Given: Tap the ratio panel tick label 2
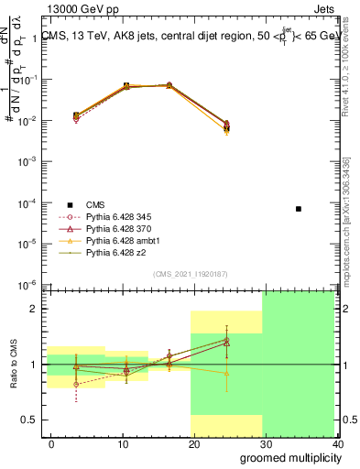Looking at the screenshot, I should click(33, 309).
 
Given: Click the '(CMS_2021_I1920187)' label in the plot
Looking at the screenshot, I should click(190, 274).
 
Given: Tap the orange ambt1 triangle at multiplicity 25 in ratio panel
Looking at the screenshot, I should click(226, 373).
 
